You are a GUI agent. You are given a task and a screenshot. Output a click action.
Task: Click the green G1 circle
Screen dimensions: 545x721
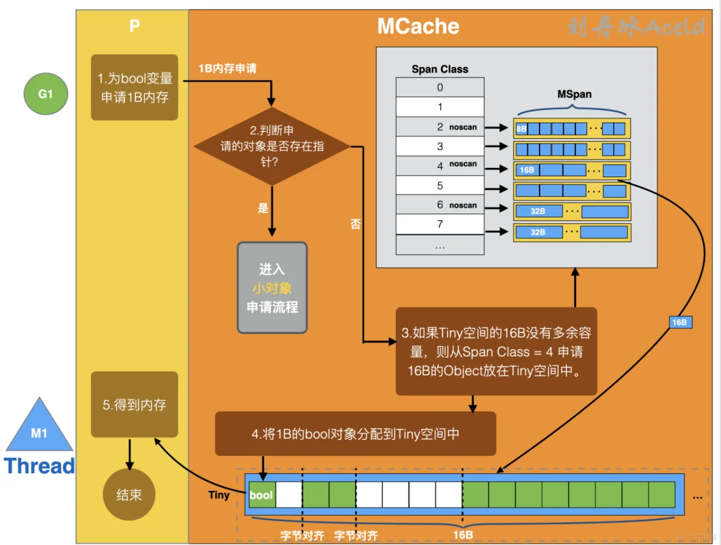click(46, 94)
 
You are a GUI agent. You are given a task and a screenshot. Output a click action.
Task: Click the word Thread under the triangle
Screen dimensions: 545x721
click(40, 466)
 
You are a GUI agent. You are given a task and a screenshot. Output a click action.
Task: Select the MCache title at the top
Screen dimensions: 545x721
click(418, 26)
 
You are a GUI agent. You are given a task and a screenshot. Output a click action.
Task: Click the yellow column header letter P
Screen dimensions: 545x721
click(134, 26)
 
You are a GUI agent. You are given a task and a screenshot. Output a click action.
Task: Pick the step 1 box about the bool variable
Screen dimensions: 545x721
click(135, 88)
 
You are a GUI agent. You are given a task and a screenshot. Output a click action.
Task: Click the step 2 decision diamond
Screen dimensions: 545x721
click(272, 147)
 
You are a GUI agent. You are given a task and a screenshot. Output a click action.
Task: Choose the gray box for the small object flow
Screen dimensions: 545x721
click(272, 288)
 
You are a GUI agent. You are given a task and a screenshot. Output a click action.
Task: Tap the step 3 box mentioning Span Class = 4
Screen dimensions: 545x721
click(496, 352)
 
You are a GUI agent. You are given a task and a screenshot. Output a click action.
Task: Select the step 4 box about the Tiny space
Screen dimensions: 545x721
click(356, 434)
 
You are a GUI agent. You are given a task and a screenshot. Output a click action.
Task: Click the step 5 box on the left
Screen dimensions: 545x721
click(135, 404)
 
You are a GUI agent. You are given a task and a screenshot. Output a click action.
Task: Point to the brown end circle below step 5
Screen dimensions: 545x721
click(129, 495)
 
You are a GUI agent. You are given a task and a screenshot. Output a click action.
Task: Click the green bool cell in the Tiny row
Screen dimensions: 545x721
click(261, 495)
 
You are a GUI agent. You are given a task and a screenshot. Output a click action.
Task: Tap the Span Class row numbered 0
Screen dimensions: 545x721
click(440, 87)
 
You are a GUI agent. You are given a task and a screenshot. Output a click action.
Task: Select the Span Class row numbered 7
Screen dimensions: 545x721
click(440, 224)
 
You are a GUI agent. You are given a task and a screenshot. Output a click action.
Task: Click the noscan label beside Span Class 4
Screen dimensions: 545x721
click(463, 165)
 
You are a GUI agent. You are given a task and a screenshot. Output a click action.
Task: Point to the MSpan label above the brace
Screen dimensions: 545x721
click(574, 95)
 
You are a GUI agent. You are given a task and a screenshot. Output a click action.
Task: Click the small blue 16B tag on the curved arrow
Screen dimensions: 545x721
click(680, 322)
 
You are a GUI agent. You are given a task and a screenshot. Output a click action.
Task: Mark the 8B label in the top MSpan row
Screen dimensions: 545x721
click(521, 129)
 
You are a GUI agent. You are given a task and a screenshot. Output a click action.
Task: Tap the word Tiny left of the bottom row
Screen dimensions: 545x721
click(219, 495)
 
